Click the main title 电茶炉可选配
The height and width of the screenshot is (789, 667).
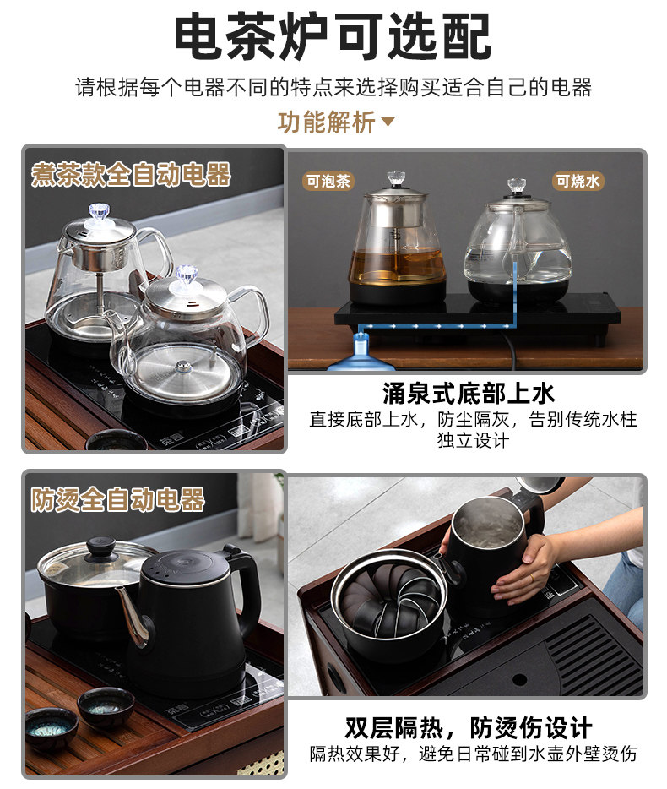[x=333, y=36]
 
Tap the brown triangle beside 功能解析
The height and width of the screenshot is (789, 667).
[x=388, y=122]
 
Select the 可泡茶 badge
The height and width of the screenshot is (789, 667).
[x=328, y=181]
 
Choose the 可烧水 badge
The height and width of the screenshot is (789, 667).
[x=578, y=181]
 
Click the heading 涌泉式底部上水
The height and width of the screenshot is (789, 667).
[x=469, y=394]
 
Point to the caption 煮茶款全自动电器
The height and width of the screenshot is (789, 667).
[x=131, y=174]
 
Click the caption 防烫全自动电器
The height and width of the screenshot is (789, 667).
[x=118, y=499]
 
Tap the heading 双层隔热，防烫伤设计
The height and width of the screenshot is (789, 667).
[x=469, y=727]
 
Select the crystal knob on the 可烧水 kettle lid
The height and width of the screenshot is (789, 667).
[x=517, y=185]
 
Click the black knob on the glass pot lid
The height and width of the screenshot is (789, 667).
[x=101, y=546]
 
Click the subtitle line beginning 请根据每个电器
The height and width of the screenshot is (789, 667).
[x=333, y=88]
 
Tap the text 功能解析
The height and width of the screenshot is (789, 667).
[x=327, y=122]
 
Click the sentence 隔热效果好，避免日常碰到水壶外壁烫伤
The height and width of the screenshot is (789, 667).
[x=473, y=754]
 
